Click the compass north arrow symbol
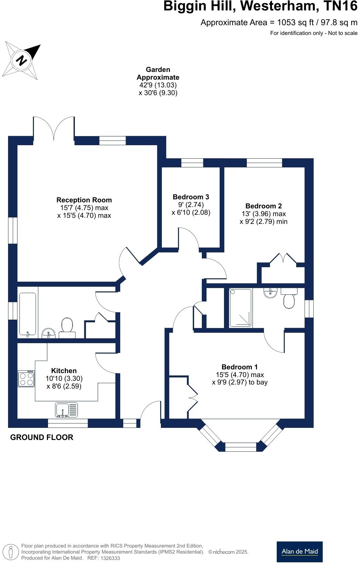pos(21,60)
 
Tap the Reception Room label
pos(84,200)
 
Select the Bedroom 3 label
pos(191,197)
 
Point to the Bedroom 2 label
pos(263,206)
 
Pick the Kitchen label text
pos(64,370)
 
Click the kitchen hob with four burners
pos(26,378)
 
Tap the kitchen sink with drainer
pos(66,410)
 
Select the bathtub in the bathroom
pos(28,315)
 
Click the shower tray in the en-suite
pos(240,308)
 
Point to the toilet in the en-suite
pos(289,298)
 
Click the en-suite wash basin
pos(270,293)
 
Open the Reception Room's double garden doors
pos(54,128)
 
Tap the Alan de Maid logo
pos(300,552)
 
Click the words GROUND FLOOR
pos(42,437)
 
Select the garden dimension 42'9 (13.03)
pos(158,85)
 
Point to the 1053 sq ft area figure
pos(296,23)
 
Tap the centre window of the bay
pos(240,447)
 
